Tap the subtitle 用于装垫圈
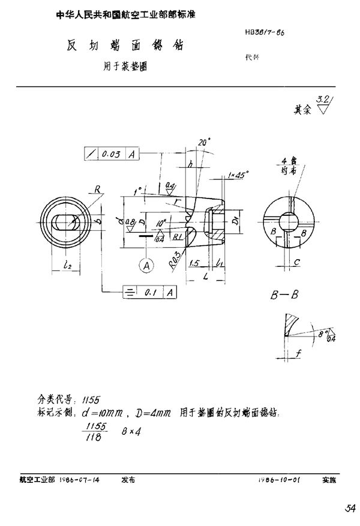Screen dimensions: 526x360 126,67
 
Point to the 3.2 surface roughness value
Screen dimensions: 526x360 322,100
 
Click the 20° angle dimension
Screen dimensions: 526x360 205,142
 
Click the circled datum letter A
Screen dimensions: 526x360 145,264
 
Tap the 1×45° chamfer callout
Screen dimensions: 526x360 239,175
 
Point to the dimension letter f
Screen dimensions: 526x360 298,353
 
